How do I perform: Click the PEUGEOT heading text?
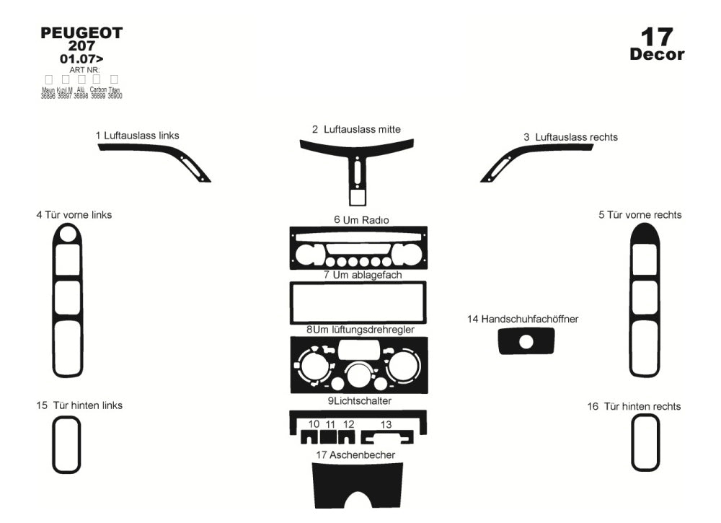81,33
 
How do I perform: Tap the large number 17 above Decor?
656,37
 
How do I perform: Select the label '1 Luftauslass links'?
137,136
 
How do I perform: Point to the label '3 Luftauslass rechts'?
570,137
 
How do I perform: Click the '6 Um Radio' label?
358,219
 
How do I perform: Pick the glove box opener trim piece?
527,340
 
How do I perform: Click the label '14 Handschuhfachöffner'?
523,319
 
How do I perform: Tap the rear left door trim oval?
66,444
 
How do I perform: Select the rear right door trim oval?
645,442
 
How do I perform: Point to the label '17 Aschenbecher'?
355,454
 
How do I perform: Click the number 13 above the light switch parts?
386,424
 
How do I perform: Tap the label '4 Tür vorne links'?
74,215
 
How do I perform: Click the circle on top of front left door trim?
68,233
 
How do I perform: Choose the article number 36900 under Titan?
115,96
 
